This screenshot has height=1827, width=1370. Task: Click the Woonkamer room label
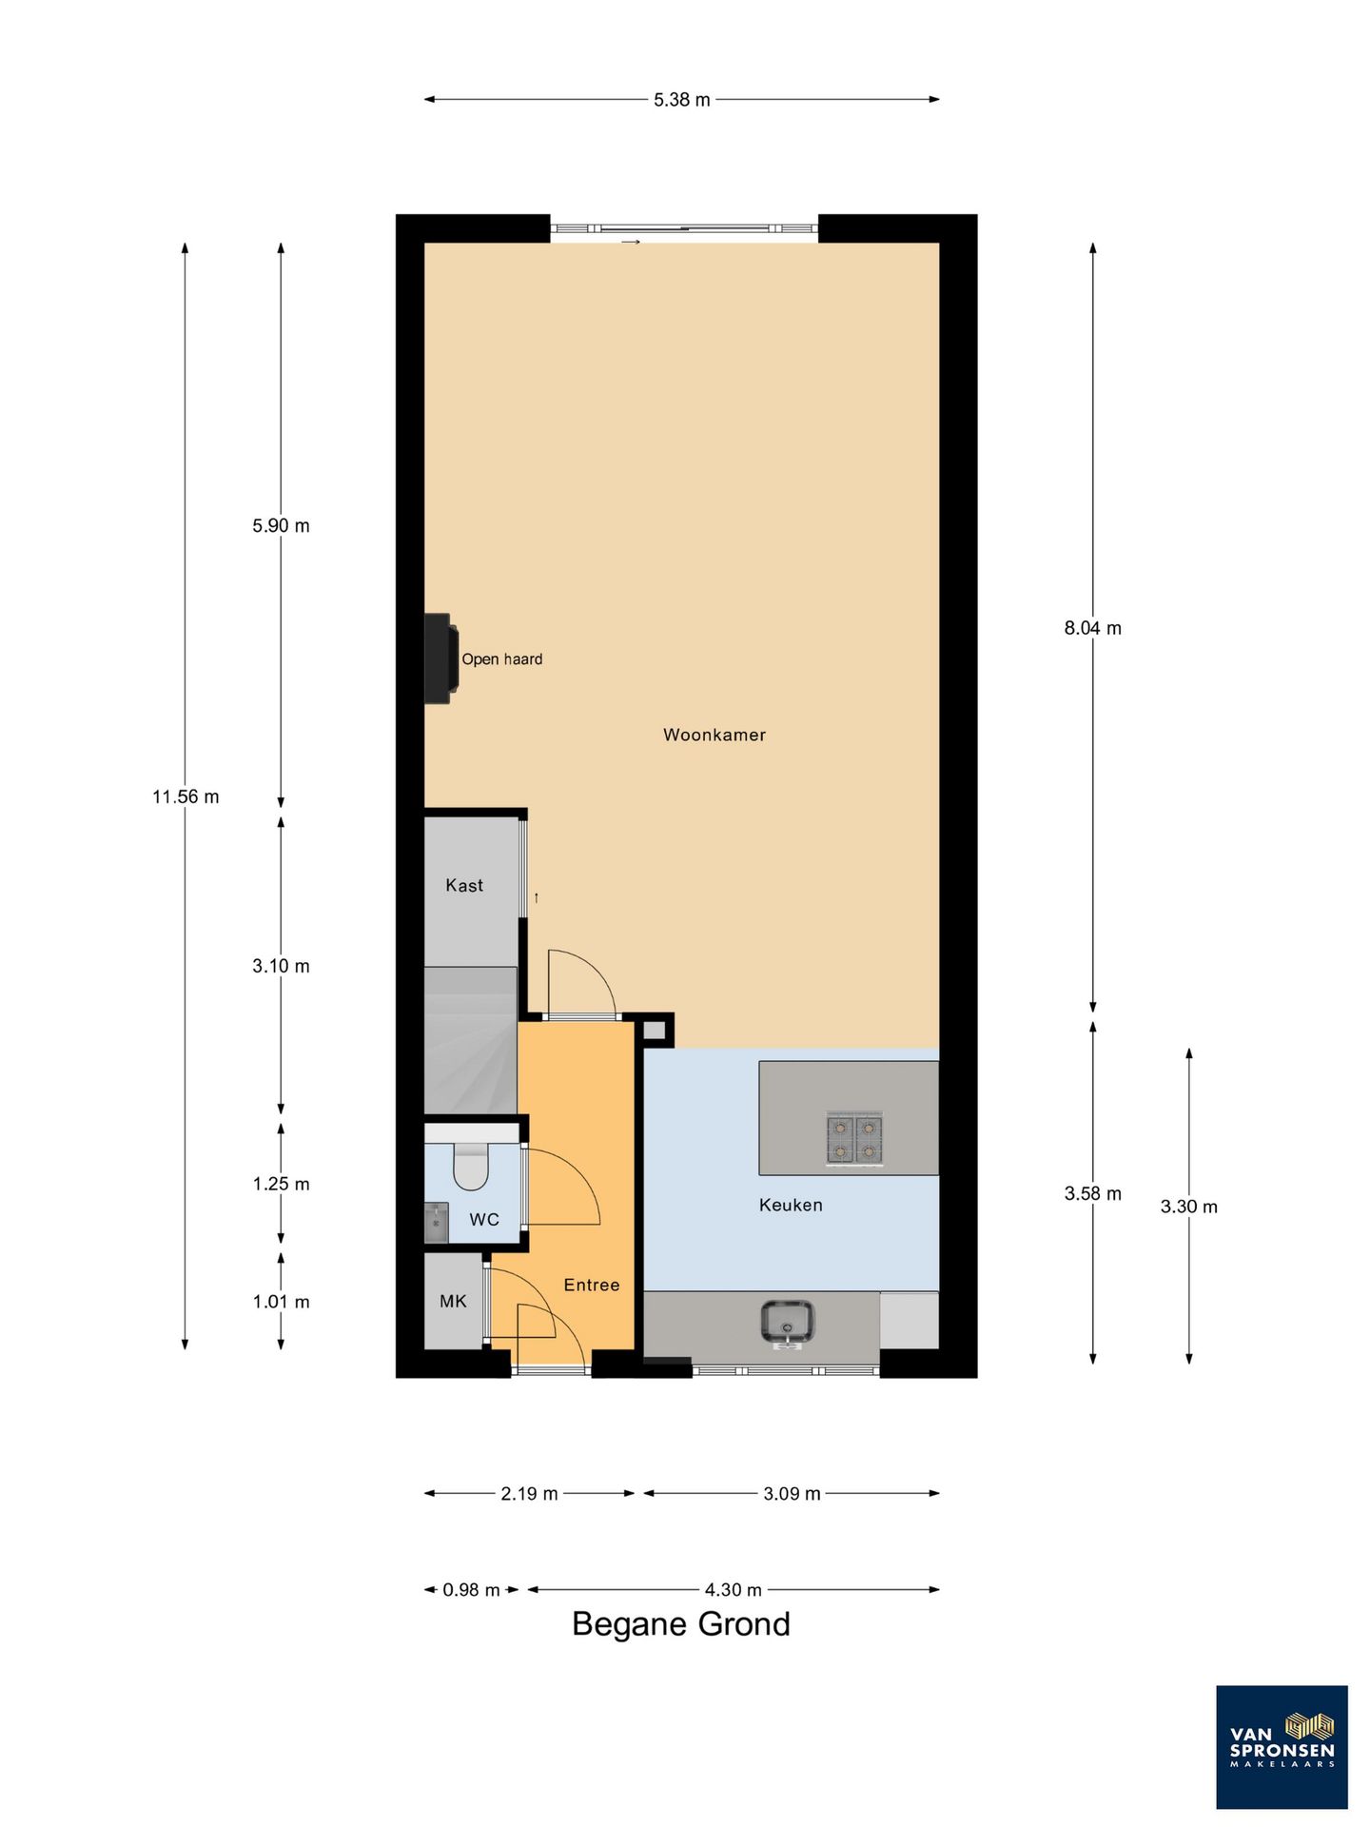pos(714,735)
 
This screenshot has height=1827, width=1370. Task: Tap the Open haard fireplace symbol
pos(440,658)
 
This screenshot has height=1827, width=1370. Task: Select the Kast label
pos(464,885)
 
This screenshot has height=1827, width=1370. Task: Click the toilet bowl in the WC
pos(471,1167)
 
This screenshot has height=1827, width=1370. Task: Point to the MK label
pos(453,1301)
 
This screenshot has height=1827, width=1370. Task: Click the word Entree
pos(592,1285)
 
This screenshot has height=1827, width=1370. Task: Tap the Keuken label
pos(791,1205)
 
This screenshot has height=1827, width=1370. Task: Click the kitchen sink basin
pos(787,1323)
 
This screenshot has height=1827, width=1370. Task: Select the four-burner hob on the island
pos(854,1140)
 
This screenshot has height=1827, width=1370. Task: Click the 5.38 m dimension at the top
pos(682,99)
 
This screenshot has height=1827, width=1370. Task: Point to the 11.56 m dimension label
pos(186,796)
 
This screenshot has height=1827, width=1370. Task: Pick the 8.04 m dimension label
pos(1093,628)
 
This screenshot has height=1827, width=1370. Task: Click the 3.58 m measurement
pos(1093,1193)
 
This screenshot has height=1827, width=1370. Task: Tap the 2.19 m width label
pos(530,1493)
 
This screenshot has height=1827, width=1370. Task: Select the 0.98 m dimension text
pos(472,1589)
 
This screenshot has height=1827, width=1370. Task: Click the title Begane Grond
pos(681,1623)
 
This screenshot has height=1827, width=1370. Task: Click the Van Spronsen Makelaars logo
pos(1282,1747)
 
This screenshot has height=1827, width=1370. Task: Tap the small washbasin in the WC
pos(436,1223)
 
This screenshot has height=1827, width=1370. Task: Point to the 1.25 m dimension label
pos(281,1184)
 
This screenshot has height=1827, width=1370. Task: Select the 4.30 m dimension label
pos(734,1589)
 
